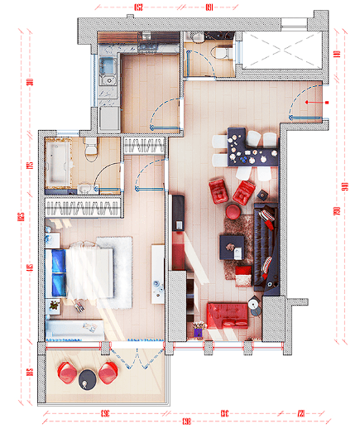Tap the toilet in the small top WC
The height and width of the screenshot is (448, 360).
[x=221, y=52]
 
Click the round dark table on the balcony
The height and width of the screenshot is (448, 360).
[x=88, y=380]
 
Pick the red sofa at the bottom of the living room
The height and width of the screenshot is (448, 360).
[x=228, y=316]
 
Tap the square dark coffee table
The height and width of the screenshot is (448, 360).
[x=232, y=245]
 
